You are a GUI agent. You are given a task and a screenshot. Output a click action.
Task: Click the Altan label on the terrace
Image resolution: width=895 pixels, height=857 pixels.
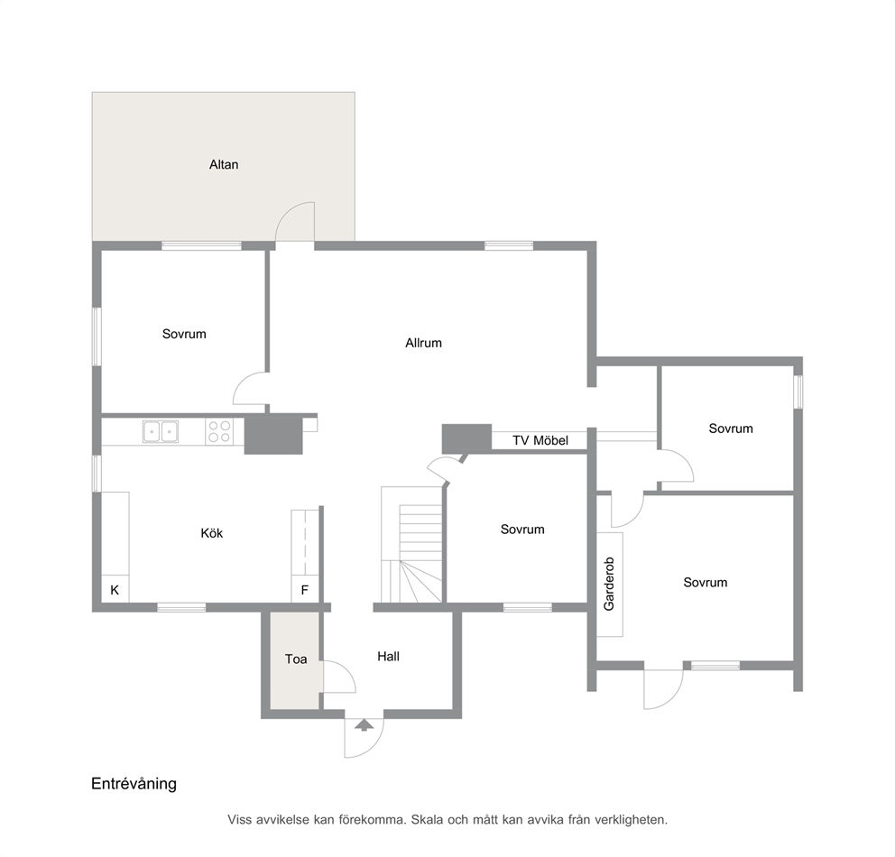[x=224, y=165]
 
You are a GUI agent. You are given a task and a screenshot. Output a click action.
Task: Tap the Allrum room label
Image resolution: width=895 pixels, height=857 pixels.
[x=423, y=343]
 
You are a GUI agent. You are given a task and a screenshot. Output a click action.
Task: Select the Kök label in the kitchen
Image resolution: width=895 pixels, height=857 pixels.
[x=212, y=533]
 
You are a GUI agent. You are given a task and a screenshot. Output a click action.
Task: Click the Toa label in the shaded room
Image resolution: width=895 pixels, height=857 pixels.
[x=296, y=659]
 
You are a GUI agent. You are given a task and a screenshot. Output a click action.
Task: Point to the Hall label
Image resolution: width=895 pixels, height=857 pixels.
[x=388, y=656]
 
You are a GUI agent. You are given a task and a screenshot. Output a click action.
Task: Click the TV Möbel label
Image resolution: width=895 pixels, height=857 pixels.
[x=540, y=440]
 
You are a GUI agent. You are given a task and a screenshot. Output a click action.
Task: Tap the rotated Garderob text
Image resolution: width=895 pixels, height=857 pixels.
[x=609, y=584]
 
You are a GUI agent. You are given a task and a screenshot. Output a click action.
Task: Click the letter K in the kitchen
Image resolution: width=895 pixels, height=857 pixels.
[x=115, y=590]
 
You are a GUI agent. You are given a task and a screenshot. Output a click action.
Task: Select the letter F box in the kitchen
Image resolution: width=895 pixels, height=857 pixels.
[x=305, y=590]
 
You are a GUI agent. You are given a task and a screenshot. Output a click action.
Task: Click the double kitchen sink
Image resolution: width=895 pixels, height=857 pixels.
[x=161, y=431]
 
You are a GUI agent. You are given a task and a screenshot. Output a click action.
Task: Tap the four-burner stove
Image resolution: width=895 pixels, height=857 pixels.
[x=220, y=431]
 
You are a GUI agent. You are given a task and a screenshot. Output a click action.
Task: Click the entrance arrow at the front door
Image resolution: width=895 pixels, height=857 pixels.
[x=364, y=724]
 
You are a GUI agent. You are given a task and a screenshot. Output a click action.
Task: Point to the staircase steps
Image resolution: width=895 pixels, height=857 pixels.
[x=420, y=553]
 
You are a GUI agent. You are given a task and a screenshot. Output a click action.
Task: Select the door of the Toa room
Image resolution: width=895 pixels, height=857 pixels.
[x=339, y=677]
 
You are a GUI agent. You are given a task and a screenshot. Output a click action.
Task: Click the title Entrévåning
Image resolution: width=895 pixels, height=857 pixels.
[x=134, y=783]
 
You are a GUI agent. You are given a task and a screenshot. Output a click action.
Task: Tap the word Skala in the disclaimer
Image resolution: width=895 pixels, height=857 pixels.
[x=427, y=820]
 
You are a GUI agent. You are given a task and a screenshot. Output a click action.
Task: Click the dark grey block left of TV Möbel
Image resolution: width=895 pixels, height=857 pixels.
[x=467, y=438]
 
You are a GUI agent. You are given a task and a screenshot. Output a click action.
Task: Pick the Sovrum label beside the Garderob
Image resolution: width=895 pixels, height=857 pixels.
[x=706, y=583]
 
